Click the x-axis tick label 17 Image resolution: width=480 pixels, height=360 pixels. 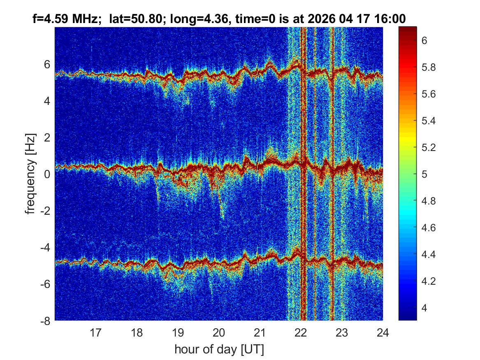pyautogui.click(x=95, y=332)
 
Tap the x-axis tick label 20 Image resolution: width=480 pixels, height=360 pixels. pyautogui.click(x=218, y=332)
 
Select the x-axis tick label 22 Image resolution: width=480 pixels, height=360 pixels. pyautogui.click(x=301, y=332)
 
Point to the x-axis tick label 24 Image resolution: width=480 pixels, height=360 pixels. pyautogui.click(x=383, y=332)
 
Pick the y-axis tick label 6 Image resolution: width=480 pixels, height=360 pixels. pyautogui.click(x=47, y=65)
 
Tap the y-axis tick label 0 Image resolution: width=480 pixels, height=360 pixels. pyautogui.click(x=47, y=174)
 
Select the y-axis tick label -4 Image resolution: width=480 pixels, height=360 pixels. pyautogui.click(x=45, y=247)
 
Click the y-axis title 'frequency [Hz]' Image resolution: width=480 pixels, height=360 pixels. pyautogui.click(x=30, y=174)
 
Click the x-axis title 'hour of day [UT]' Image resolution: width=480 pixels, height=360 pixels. pyautogui.click(x=219, y=349)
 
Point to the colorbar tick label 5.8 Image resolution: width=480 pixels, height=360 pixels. pyautogui.click(x=429, y=67)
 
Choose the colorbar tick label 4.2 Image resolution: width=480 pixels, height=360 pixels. pyautogui.click(x=429, y=281)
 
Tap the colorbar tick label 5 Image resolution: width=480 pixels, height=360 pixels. pyautogui.click(x=424, y=174)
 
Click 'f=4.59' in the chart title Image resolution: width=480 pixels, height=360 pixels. pyautogui.click(x=51, y=19)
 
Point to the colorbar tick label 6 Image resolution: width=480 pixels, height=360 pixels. pyautogui.click(x=424, y=40)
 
